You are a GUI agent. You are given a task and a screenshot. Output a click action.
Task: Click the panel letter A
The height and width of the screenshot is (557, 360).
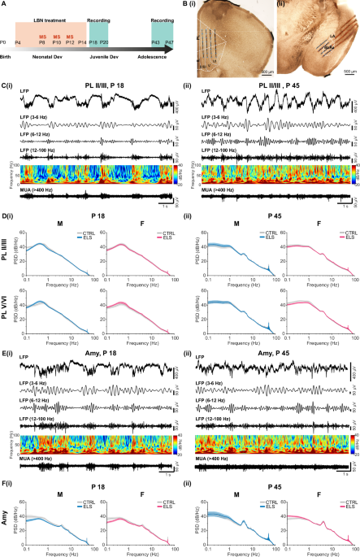tap(4, 4)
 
